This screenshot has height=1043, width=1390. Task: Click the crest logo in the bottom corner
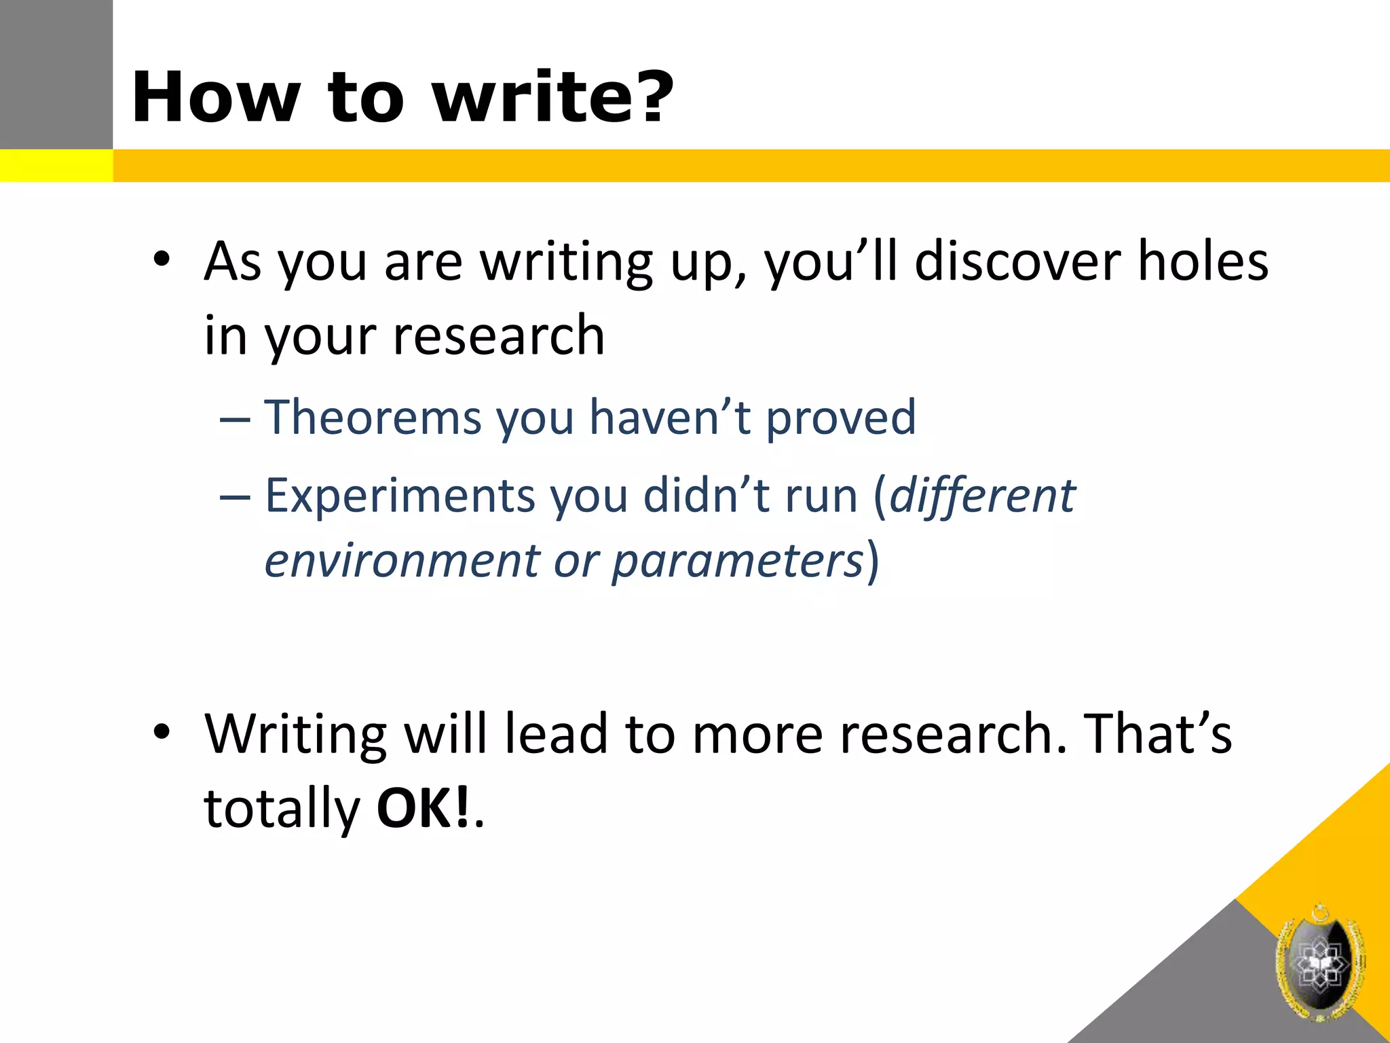1320,963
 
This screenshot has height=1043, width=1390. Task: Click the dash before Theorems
234,420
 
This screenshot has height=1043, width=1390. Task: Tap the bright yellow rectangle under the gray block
56,166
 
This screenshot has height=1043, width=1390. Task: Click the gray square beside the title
56,74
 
